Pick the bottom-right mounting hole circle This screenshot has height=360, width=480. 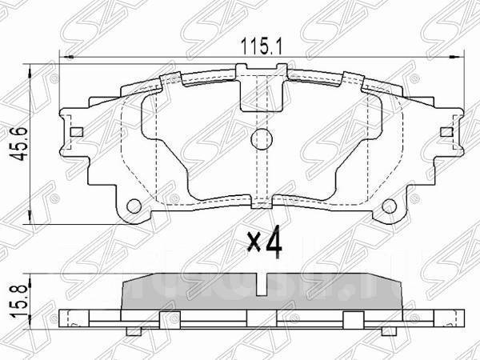click(391, 205)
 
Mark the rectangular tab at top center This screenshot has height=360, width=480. click(258, 91)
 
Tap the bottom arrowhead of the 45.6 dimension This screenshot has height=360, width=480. click(30, 215)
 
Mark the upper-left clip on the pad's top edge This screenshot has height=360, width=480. click(170, 79)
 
